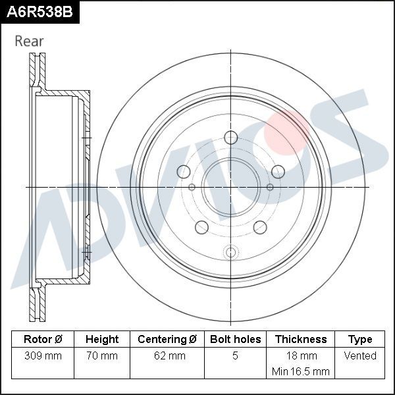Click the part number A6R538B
pyautogui.click(x=39, y=12)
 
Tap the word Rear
pyautogui.click(x=29, y=41)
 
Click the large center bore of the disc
pyautogui.click(x=230, y=187)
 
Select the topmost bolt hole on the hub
pyautogui.click(x=230, y=137)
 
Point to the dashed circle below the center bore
pyautogui.click(x=230, y=251)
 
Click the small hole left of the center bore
pyautogui.click(x=192, y=188)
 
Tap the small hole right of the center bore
pyautogui.click(x=269, y=188)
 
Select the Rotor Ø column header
pyautogui.click(x=43, y=339)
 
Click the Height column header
pyautogui.click(x=102, y=339)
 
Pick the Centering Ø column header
pyautogui.click(x=167, y=339)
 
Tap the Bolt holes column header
pyautogui.click(x=235, y=339)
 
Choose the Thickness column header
pyautogui.click(x=301, y=339)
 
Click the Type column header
pyautogui.click(x=360, y=339)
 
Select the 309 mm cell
pyautogui.click(x=43, y=355)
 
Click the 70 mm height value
pyautogui.click(x=102, y=355)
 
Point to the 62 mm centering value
pyautogui.click(x=167, y=355)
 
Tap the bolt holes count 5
pyautogui.click(x=235, y=355)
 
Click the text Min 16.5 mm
pyautogui.click(x=301, y=371)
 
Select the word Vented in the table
pyautogui.click(x=360, y=355)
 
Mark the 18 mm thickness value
pyautogui.click(x=301, y=355)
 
